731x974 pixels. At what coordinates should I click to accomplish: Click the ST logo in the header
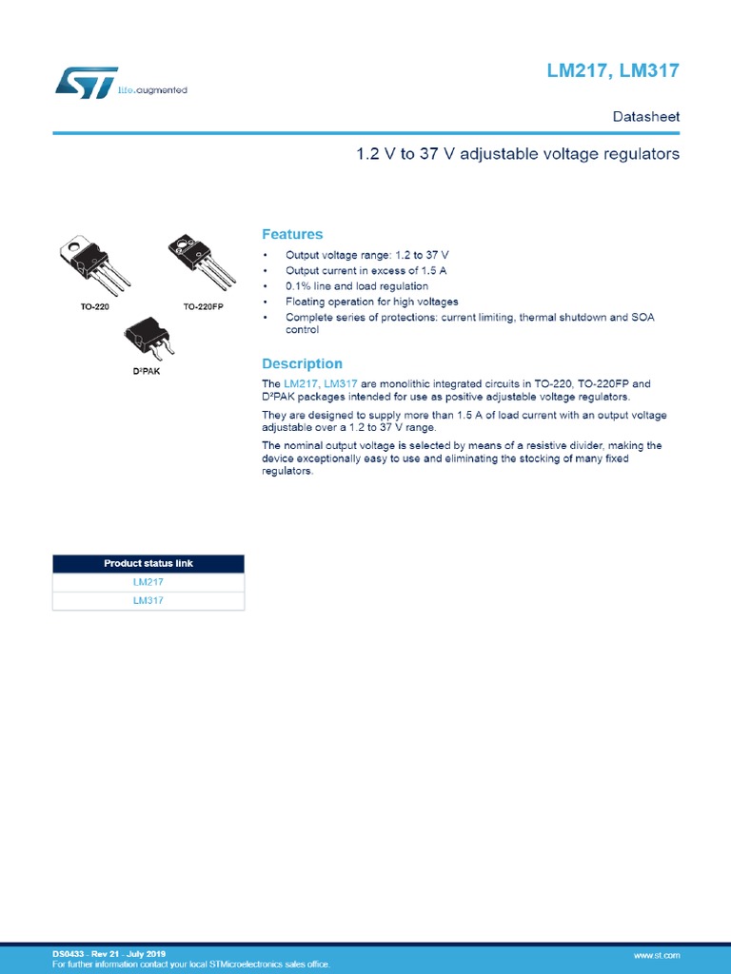click(x=86, y=82)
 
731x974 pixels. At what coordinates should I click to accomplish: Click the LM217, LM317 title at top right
click(x=612, y=71)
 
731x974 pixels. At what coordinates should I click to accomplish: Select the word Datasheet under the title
click(x=645, y=117)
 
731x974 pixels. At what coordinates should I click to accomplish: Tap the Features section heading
click(x=292, y=234)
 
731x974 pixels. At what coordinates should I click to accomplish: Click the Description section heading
click(x=302, y=363)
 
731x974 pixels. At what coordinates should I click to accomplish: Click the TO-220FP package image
click(x=202, y=260)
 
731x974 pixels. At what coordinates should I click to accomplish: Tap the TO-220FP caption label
click(x=203, y=307)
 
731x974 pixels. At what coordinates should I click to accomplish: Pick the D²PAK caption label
click(x=146, y=370)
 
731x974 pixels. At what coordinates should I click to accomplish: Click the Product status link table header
click(x=148, y=563)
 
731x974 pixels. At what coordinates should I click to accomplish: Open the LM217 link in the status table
click(x=148, y=581)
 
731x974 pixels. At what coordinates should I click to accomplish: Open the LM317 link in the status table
click(x=148, y=600)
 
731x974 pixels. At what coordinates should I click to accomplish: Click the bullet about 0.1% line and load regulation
click(x=356, y=286)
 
